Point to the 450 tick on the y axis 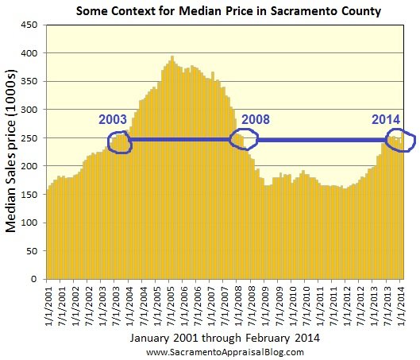click(x=30, y=25)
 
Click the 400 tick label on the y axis click(x=30, y=53)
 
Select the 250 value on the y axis click(x=30, y=138)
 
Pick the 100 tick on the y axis click(x=30, y=223)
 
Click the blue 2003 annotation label click(x=113, y=120)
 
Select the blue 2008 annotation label click(x=256, y=121)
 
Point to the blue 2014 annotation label click(x=387, y=119)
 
